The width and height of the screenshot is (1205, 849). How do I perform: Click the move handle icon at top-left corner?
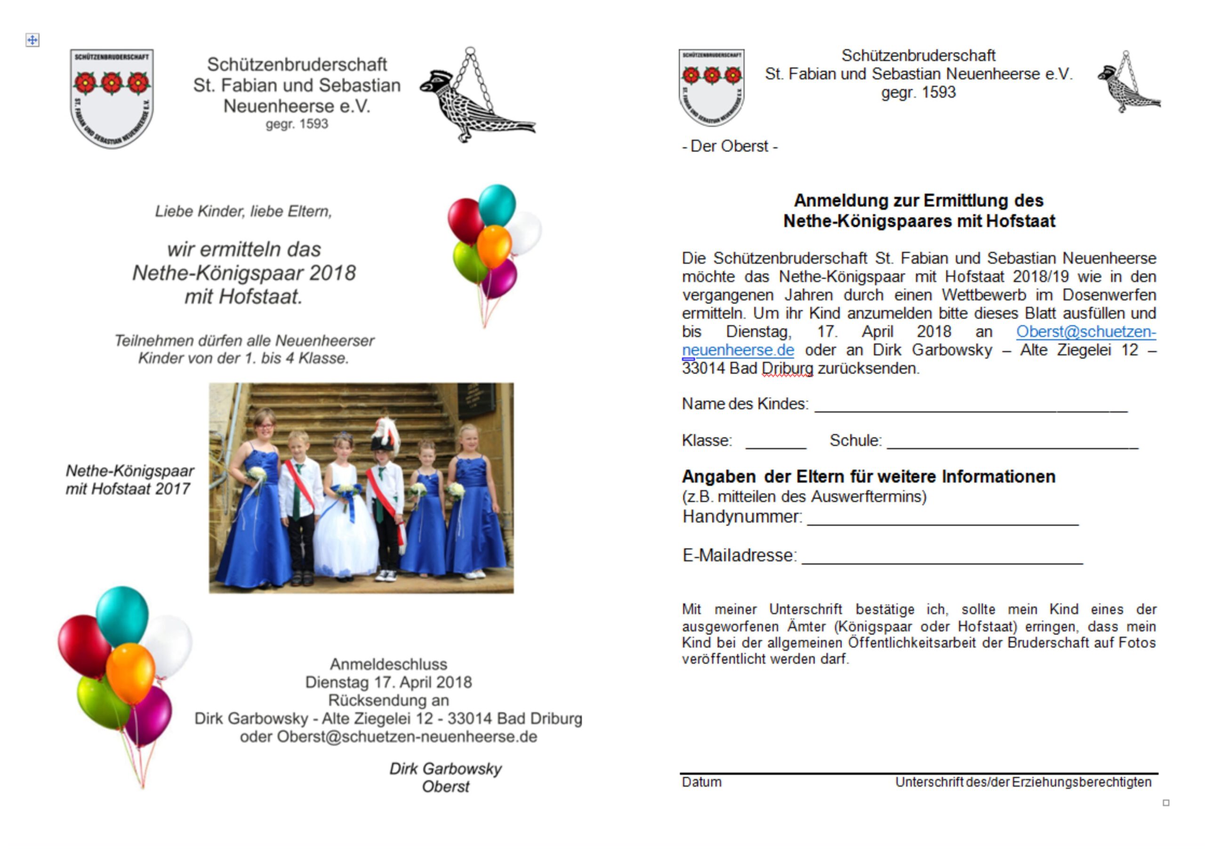(32, 40)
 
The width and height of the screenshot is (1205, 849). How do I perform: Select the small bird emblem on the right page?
(1129, 84)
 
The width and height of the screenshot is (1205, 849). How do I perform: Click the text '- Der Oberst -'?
(730, 146)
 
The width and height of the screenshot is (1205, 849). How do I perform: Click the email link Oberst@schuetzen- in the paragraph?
(1085, 332)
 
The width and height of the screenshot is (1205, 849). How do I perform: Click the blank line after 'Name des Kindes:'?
(971, 408)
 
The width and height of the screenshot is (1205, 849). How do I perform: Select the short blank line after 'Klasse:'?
(775, 445)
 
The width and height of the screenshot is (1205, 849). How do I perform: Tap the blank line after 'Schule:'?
(1012, 445)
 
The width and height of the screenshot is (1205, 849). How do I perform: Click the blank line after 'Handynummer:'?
(943, 521)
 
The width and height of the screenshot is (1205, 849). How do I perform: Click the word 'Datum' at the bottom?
(702, 782)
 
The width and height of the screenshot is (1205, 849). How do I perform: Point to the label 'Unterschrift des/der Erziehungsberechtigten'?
(1023, 782)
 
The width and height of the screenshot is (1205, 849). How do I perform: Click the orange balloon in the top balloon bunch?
(494, 246)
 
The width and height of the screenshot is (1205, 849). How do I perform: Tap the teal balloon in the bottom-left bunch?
(122, 616)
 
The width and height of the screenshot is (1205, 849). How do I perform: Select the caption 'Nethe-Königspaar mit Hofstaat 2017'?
(129, 480)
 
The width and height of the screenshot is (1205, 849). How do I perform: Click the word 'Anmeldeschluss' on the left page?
(388, 665)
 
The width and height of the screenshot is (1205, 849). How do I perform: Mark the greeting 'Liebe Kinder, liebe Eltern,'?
(243, 211)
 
